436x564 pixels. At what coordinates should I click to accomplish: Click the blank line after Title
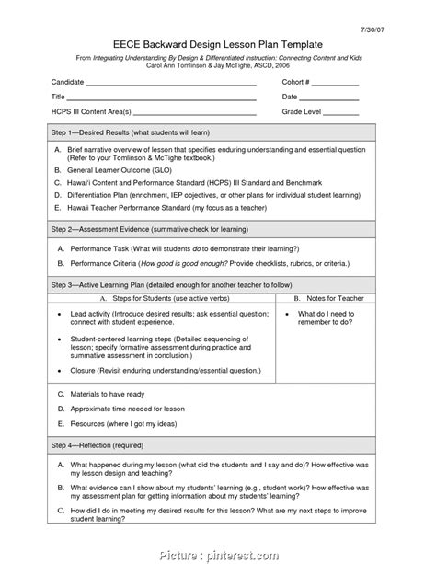coord(161,98)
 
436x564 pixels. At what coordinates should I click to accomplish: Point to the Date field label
coord(290,97)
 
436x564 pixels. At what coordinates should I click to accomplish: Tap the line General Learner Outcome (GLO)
coord(126,169)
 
